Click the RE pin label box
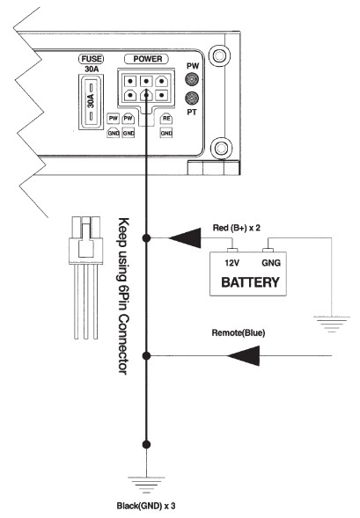(x=165, y=117)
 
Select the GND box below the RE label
(x=165, y=132)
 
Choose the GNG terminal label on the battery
(x=272, y=261)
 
